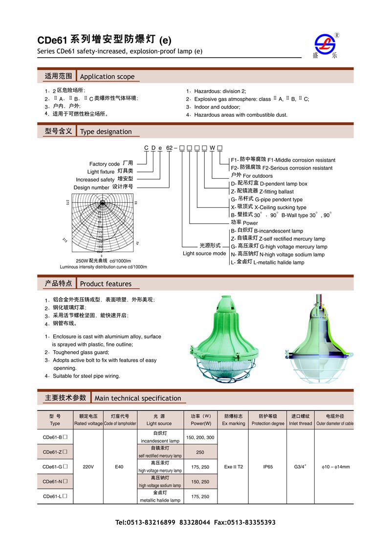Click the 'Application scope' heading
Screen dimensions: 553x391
pos(107,77)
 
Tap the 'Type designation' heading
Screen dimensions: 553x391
pos(106,131)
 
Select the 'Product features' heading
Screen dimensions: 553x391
pos(106,284)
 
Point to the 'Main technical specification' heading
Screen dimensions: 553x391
pos(138,398)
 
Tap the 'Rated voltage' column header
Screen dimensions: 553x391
pos(88,424)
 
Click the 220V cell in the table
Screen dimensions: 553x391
pos(88,467)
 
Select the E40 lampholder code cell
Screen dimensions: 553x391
pos(119,467)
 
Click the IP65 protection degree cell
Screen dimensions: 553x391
pos(267,467)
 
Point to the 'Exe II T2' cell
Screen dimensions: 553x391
pos(234,467)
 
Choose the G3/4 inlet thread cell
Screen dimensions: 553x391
pos(300,467)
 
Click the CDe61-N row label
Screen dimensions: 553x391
pos(55,482)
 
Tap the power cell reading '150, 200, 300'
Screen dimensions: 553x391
pos(200,437)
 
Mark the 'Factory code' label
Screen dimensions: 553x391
pos(105,164)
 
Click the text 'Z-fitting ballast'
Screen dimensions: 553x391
pos(276,191)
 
